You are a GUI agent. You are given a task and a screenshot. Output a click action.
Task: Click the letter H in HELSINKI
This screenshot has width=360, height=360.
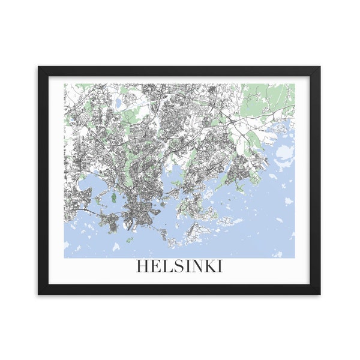pyautogui.click(x=142, y=266)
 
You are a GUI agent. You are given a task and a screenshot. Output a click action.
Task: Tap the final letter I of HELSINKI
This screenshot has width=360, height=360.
pyautogui.click(x=220, y=266)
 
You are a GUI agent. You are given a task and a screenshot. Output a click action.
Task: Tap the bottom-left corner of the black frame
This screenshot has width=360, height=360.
pyautogui.click(x=39, y=294)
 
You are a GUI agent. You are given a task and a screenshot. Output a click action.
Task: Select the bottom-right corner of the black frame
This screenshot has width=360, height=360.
pyautogui.click(x=320, y=294)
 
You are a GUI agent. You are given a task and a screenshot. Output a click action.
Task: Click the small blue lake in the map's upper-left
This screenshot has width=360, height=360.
pyautogui.click(x=119, y=104)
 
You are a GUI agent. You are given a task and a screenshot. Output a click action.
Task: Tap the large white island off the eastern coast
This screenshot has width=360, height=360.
pyautogui.click(x=284, y=150)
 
